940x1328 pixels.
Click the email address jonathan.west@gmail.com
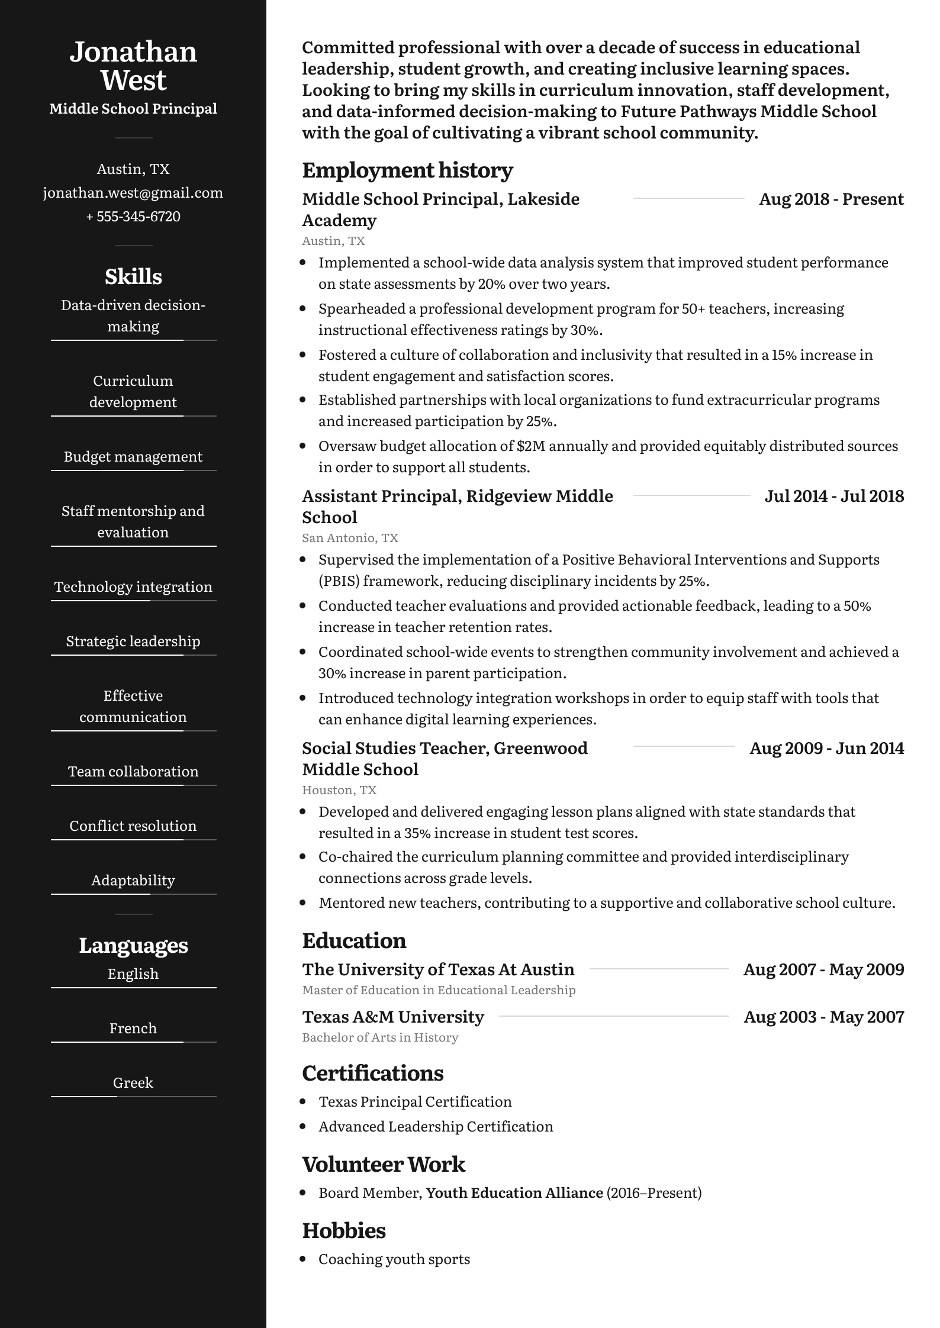pyautogui.click(x=133, y=193)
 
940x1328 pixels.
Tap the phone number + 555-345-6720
pyautogui.click(x=133, y=217)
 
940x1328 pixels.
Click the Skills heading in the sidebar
pyautogui.click(x=133, y=277)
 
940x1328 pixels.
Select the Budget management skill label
pyautogui.click(x=133, y=457)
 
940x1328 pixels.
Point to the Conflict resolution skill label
pyautogui.click(x=133, y=826)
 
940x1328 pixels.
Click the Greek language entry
pyautogui.click(x=133, y=1083)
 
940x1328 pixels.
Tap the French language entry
pyautogui.click(x=133, y=1029)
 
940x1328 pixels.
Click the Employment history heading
pyautogui.click(x=407, y=170)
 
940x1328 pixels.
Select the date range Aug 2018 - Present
pyautogui.click(x=831, y=199)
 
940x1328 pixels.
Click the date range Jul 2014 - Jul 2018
pyautogui.click(x=834, y=497)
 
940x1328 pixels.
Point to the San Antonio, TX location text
pyautogui.click(x=350, y=538)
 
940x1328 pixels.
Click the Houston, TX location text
pyautogui.click(x=339, y=790)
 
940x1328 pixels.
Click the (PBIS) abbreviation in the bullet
pyautogui.click(x=339, y=581)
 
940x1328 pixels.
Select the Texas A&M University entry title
pyautogui.click(x=393, y=1017)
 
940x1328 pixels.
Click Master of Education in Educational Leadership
pyautogui.click(x=439, y=990)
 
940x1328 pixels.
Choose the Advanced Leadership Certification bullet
pyautogui.click(x=436, y=1127)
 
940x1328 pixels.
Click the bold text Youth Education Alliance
pyautogui.click(x=514, y=1193)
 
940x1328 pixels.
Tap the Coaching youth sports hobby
pyautogui.click(x=394, y=1259)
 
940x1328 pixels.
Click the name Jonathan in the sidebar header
pyautogui.click(x=133, y=52)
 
